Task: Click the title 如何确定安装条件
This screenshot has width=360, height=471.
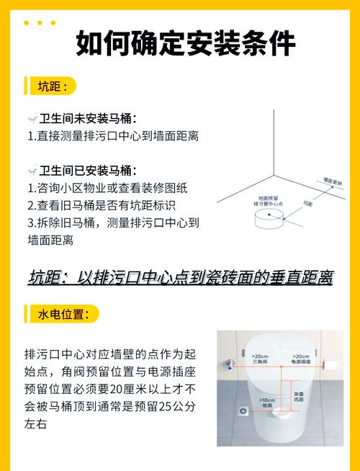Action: pos(185,44)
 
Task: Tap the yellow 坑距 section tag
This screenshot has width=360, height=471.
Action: pos(52,86)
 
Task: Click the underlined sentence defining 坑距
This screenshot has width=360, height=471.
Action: pos(180,277)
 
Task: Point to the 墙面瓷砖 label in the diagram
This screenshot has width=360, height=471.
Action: pos(331,181)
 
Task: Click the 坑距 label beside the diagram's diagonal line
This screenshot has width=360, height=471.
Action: pos(307,205)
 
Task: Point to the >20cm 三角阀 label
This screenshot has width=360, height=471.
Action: pos(261,358)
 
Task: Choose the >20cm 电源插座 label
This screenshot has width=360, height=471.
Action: pos(301,358)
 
